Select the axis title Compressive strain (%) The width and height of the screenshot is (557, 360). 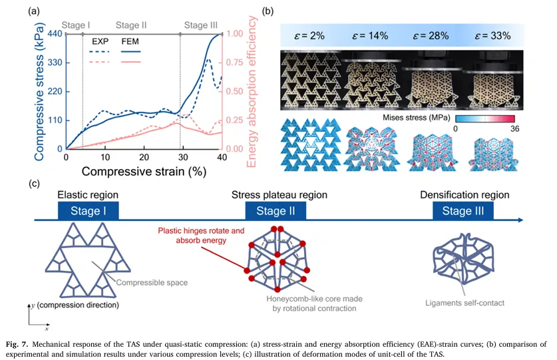pos(144,171)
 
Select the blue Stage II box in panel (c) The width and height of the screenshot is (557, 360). pos(276,212)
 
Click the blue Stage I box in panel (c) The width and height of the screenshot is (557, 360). pos(89,212)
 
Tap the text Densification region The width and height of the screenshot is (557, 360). pos(464,195)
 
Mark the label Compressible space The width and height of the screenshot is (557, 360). pos(152,283)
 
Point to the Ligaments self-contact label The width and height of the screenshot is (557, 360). pos(464,303)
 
